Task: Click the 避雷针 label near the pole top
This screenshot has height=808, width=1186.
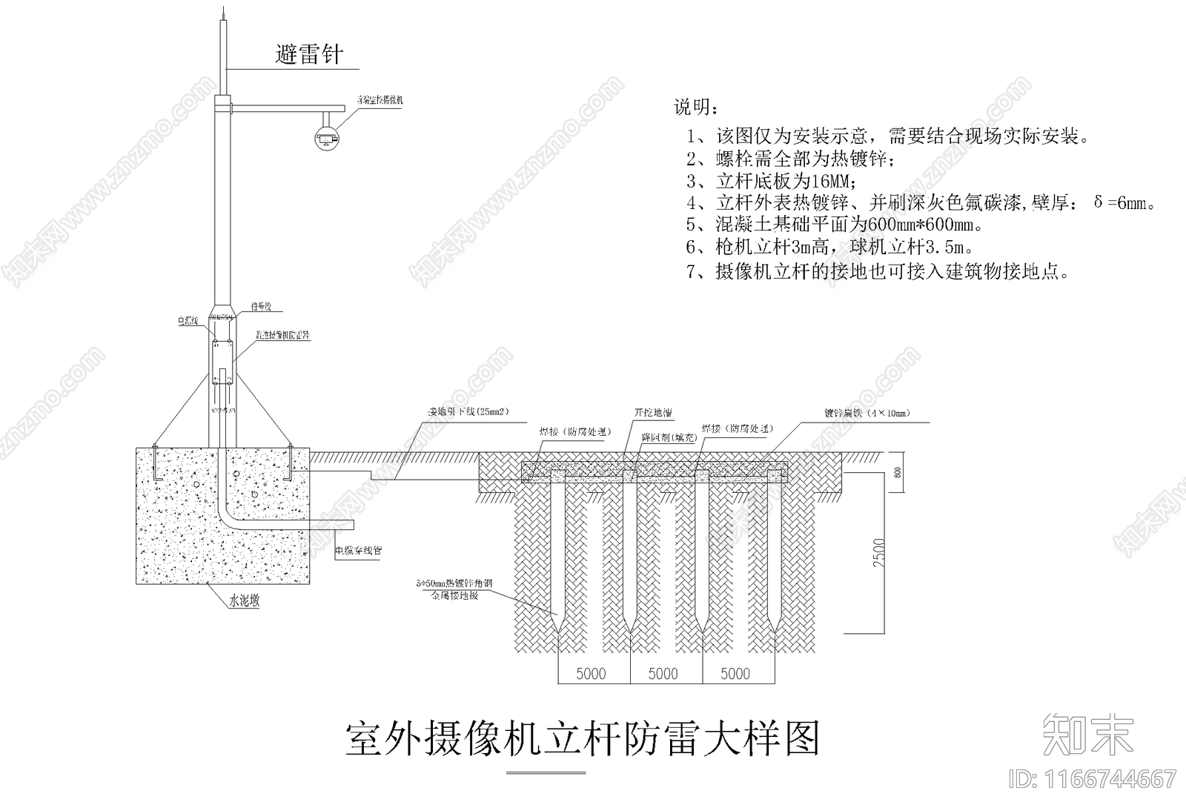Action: point(309,54)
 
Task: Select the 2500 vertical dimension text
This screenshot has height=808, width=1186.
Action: point(879,553)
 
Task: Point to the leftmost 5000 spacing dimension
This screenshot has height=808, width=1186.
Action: point(591,674)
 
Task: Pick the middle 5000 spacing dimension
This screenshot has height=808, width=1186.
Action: point(663,674)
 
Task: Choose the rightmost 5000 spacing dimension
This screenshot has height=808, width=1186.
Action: point(735,674)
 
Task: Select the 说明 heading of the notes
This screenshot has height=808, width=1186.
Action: point(695,108)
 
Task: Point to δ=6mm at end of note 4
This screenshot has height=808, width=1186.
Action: point(1124,203)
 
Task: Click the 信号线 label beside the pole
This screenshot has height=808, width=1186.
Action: point(261,306)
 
